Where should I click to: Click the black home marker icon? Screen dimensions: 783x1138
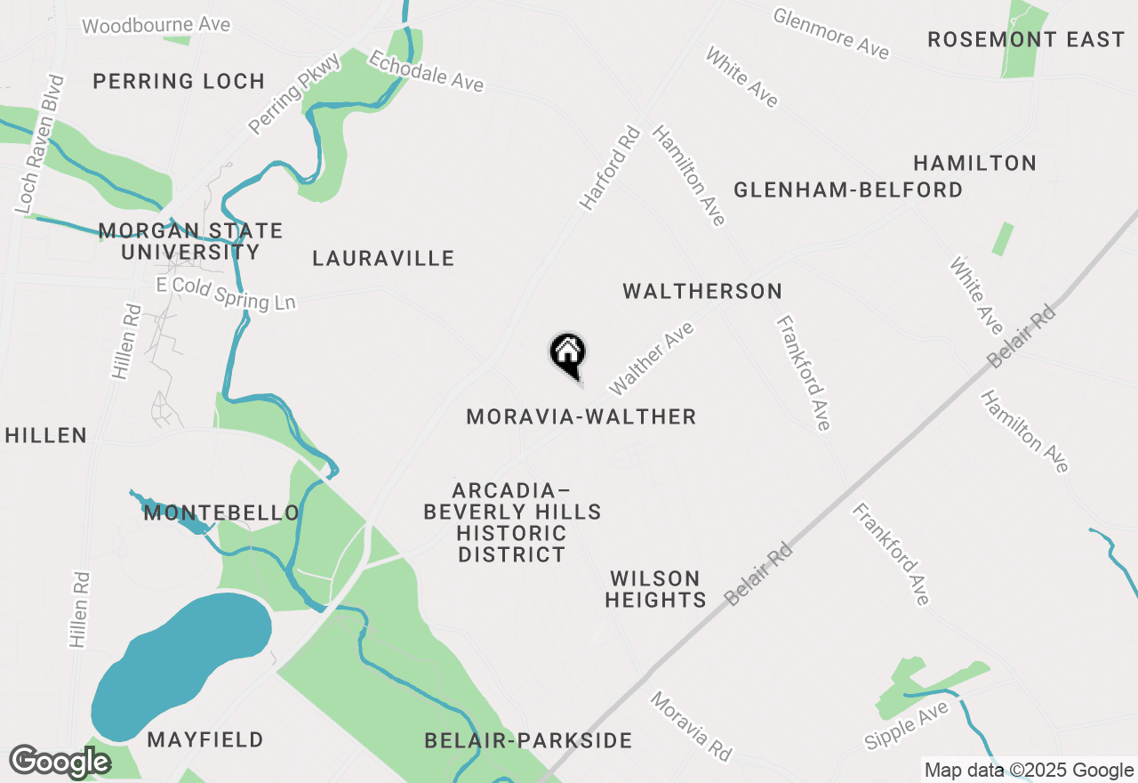tap(568, 354)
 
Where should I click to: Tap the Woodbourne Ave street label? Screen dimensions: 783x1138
tap(156, 25)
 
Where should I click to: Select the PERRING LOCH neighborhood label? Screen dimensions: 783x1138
tap(179, 82)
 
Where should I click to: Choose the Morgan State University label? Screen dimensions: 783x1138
tap(190, 241)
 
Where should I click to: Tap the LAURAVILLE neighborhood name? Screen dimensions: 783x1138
tap(383, 259)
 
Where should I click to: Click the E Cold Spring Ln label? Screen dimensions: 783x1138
tap(226, 294)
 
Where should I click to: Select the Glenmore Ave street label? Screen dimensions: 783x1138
tap(830, 33)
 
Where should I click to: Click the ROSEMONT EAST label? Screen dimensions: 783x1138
tap(1026, 40)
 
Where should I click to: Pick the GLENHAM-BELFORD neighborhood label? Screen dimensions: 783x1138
tap(847, 190)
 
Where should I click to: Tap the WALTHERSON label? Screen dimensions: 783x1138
tap(702, 291)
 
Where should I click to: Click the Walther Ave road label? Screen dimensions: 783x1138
tap(651, 359)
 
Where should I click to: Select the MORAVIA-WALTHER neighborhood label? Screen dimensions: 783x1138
tap(581, 416)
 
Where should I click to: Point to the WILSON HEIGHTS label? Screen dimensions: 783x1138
tap(655, 589)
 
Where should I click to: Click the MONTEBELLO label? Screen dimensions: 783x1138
tap(221, 513)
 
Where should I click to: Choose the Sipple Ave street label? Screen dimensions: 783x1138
tap(907, 724)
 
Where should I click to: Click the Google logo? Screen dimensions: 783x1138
tap(60, 762)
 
